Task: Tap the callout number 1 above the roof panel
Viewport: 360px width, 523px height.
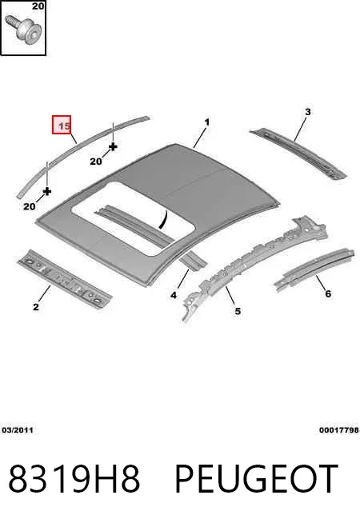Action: tap(207, 122)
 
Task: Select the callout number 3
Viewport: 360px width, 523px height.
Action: tap(308, 112)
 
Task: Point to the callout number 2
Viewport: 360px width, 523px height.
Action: tap(36, 306)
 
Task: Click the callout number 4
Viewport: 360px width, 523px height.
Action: tap(174, 295)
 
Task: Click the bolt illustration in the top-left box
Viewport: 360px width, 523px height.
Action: tap(23, 29)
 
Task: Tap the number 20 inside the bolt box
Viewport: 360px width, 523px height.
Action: tap(38, 6)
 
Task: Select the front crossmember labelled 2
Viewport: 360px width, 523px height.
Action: tap(64, 278)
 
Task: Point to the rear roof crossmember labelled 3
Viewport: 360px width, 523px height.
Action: tap(298, 153)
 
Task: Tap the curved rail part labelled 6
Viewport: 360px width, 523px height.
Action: tap(314, 269)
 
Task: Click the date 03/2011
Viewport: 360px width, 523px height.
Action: tap(18, 430)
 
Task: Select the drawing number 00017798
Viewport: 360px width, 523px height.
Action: tap(339, 430)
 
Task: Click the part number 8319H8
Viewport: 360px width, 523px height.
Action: tap(74, 478)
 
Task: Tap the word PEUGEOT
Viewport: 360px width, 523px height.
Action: tap(256, 478)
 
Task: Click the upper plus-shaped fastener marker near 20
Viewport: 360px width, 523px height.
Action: tap(113, 146)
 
